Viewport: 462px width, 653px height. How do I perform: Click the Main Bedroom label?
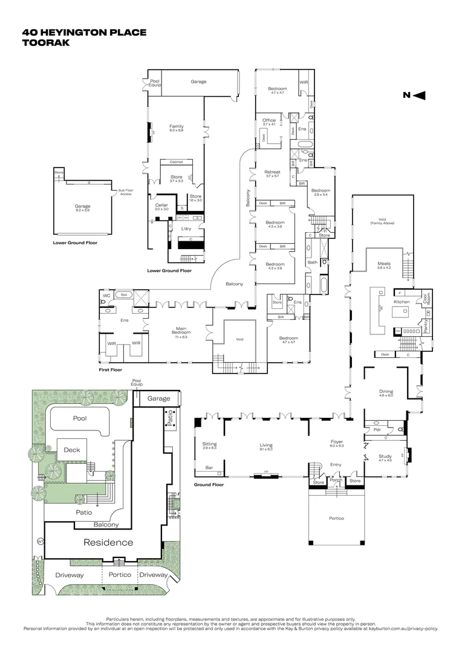point(181,331)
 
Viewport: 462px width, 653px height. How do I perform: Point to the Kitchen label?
point(402,302)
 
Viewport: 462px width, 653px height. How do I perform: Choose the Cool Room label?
point(426,301)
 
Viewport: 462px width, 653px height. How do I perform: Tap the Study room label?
point(385,458)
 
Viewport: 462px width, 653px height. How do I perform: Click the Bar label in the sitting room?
point(209,467)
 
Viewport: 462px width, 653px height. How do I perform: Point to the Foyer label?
point(337,443)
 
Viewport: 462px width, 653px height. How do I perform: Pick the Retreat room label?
point(272,174)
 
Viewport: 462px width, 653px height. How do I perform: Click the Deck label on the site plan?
point(71,450)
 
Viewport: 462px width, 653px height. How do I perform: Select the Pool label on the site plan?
point(80,418)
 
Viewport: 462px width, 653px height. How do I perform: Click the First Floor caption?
point(110,369)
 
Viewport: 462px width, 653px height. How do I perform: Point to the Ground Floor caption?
point(209,485)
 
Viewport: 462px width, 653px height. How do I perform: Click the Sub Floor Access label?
point(126,193)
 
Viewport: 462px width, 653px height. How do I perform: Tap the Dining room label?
point(386,392)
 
